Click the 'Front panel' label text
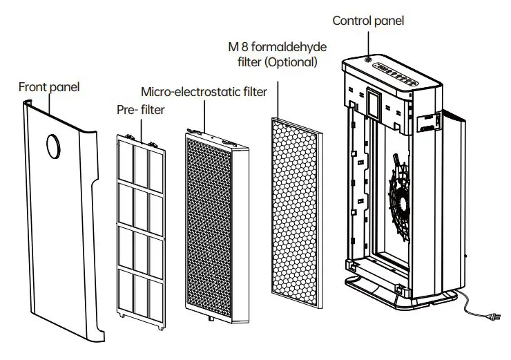click(x=49, y=87)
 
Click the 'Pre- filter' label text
click(x=141, y=110)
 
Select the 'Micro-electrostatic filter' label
click(x=204, y=92)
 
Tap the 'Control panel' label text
click(x=368, y=21)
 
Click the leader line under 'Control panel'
click(x=368, y=43)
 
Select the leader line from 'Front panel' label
click(x=50, y=104)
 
